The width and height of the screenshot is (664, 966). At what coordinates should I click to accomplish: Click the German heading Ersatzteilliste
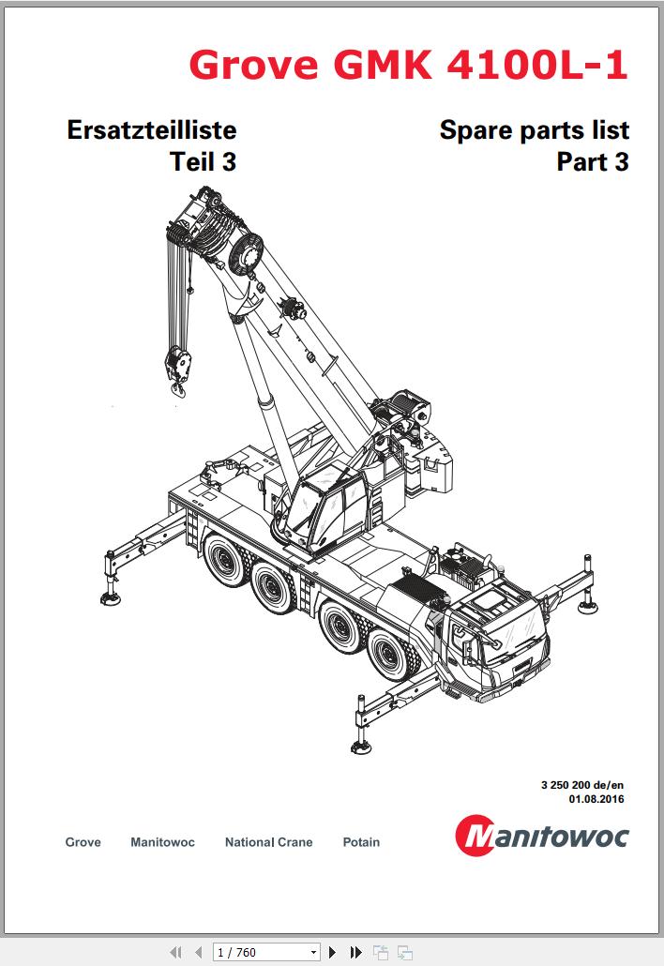click(x=152, y=129)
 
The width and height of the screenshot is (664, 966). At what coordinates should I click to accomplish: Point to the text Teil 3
click(x=203, y=162)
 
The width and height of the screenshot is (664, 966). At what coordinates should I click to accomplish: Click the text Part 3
click(x=593, y=162)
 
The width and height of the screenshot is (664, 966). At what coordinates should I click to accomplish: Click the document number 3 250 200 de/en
click(x=582, y=785)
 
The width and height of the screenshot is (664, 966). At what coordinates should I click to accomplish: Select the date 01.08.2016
click(x=596, y=799)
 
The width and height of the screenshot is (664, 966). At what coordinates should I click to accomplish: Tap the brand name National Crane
click(x=268, y=842)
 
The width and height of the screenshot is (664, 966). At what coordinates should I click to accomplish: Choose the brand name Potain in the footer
click(x=361, y=842)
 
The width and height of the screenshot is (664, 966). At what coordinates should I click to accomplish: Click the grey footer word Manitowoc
click(x=162, y=842)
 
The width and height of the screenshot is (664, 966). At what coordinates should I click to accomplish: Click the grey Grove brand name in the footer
click(x=83, y=842)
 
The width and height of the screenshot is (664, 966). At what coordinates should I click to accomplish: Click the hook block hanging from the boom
click(x=178, y=360)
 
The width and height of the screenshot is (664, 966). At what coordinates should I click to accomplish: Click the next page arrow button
click(x=332, y=952)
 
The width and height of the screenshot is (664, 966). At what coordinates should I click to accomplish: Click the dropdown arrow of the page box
click(x=313, y=952)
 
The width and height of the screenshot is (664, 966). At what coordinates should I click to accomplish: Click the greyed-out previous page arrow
click(x=198, y=952)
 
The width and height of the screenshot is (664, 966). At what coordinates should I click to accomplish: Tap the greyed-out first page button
click(x=174, y=952)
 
